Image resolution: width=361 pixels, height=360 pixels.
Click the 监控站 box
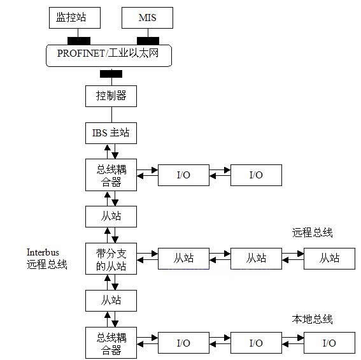tap(74, 18)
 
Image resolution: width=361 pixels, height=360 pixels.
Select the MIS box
tap(147, 18)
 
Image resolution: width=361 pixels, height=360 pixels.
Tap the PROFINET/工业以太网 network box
tap(109, 55)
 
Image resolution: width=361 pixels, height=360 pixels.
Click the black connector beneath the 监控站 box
tap(79, 41)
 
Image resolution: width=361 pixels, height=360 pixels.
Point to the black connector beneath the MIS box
tap(148, 41)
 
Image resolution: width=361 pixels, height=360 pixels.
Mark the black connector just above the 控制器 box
tap(111, 74)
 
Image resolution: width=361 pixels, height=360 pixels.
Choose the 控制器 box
tap(111, 96)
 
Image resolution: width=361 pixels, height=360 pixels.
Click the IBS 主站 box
tap(111, 133)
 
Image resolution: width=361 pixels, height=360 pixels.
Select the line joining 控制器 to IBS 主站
tap(111, 115)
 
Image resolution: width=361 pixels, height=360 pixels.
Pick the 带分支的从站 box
tap(111, 259)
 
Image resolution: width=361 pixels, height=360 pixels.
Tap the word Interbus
tap(43, 252)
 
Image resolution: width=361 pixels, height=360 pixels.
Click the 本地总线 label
tap(312, 319)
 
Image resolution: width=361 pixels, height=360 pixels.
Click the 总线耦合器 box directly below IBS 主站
tap(111, 175)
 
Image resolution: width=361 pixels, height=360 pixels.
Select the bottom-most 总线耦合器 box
tap(111, 343)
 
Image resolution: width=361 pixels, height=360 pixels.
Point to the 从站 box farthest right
tap(329, 259)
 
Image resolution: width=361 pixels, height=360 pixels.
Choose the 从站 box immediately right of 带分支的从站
tap(183, 259)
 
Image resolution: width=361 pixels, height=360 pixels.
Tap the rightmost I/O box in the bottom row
tap(329, 343)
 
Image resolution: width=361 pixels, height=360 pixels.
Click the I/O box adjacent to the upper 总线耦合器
tap(183, 175)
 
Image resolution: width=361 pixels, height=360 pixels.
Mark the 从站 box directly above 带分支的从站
tap(111, 217)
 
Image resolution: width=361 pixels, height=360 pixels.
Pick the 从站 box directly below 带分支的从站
tap(111, 301)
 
